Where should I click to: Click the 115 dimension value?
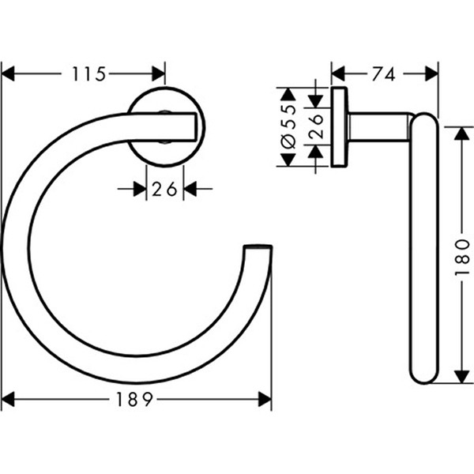click(x=88, y=74)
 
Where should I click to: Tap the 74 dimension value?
click(x=383, y=73)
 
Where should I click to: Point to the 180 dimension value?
click(x=464, y=254)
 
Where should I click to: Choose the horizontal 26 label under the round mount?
click(x=165, y=189)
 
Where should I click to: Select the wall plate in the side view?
click(x=340, y=127)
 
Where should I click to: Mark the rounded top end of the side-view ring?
click(x=424, y=123)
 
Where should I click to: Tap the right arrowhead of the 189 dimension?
click(x=265, y=401)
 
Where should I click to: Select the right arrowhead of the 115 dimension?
click(x=159, y=74)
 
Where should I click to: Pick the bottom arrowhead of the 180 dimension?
click(x=462, y=377)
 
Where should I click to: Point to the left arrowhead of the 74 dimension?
click(x=338, y=73)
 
